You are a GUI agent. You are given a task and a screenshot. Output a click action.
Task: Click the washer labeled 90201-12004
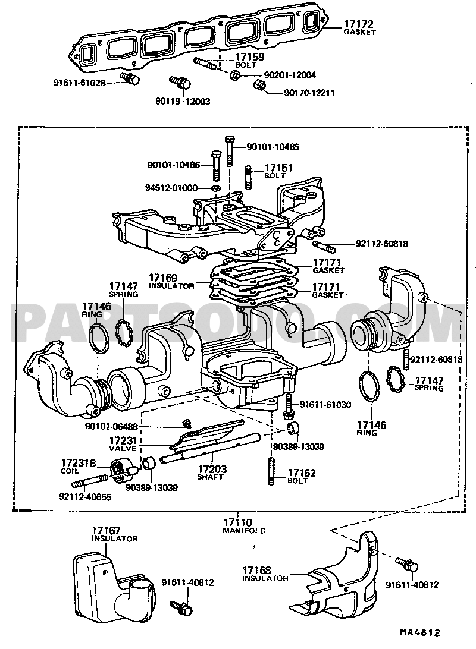point(235,75)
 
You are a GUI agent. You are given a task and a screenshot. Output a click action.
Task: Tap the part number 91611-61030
point(334,404)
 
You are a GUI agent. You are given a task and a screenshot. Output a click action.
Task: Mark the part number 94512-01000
point(171,188)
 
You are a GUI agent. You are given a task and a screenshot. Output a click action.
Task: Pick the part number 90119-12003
point(185,102)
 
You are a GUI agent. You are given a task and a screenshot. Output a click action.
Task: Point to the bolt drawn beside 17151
point(249,177)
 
